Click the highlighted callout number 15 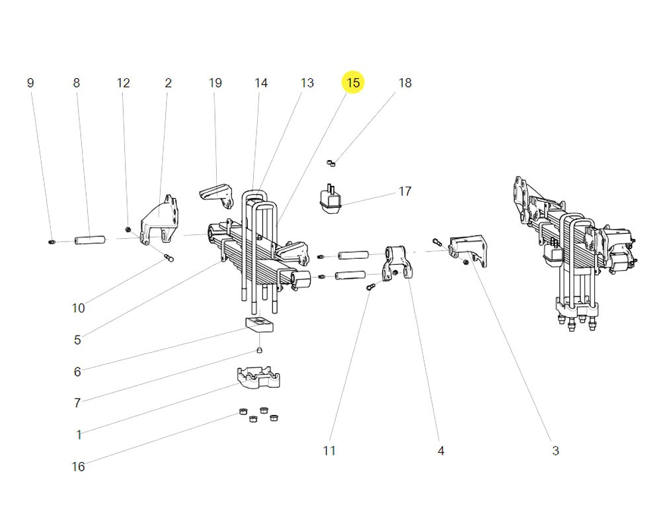tap(353, 83)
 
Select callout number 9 tap(30, 83)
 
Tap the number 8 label tap(76, 83)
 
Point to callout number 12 tap(124, 83)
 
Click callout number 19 tap(215, 83)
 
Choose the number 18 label tap(405, 83)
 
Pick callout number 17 tap(405, 191)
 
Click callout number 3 tap(555, 451)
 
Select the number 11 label tap(329, 451)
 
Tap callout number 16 tap(78, 467)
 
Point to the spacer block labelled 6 tap(258, 325)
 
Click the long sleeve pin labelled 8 tap(91, 239)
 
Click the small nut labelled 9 tap(52, 243)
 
